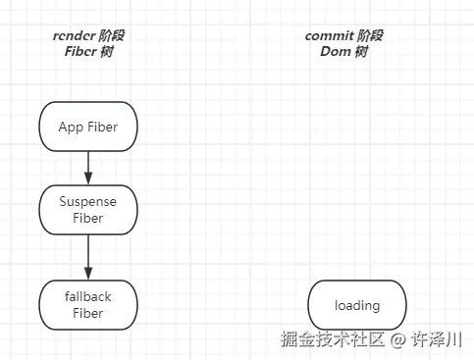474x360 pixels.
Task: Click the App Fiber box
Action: [x=87, y=127]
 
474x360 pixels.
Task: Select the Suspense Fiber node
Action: [x=87, y=209]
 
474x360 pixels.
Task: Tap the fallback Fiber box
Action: [x=87, y=305]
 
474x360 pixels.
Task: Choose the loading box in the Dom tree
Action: [x=356, y=305]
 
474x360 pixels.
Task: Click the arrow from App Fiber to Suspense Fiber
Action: [x=88, y=165]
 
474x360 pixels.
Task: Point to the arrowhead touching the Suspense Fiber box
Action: [x=88, y=179]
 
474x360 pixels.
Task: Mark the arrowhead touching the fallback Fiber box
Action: [x=88, y=274]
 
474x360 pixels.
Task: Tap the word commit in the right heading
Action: [x=329, y=36]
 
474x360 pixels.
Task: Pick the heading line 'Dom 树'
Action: [x=343, y=52]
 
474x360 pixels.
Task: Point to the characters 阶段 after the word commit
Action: [x=370, y=36]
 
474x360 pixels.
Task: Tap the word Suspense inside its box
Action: [x=87, y=201]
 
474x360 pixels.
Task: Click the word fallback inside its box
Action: [x=87, y=297]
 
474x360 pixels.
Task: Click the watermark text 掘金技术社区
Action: [x=332, y=340]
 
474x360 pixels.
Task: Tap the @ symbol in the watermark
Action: [x=397, y=340]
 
